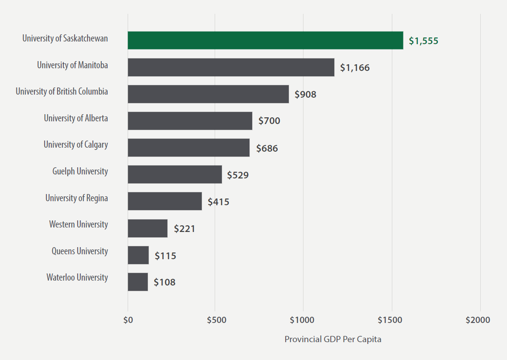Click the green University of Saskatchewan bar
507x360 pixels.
265,40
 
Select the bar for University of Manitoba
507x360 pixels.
231,67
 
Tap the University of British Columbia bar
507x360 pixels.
208,94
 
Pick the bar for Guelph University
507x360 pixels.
175,174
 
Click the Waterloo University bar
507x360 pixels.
137,282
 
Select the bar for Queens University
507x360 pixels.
138,255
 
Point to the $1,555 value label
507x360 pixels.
424,41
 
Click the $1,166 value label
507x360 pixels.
355,68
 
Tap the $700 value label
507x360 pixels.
269,121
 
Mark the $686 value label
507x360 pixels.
267,148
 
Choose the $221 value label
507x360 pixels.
184,229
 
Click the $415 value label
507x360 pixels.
218,202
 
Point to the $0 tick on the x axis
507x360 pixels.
128,320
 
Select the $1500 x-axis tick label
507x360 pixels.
391,320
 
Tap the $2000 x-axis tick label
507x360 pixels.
478,320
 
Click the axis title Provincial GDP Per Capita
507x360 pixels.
333,339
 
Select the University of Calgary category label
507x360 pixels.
75,145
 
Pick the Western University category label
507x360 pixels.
79,224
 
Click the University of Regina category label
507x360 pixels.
76,198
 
